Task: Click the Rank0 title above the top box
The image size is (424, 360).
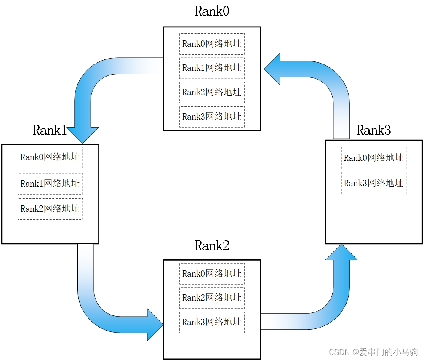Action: (212, 11)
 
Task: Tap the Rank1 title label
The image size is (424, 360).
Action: (50, 130)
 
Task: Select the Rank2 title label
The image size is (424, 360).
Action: (212, 245)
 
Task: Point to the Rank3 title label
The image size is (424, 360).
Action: (374, 130)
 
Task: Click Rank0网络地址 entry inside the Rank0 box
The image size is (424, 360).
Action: (212, 44)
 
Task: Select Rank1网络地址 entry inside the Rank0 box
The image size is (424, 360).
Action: (212, 68)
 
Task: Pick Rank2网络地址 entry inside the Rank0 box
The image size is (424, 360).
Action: (212, 92)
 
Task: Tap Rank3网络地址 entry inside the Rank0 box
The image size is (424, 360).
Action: (212, 117)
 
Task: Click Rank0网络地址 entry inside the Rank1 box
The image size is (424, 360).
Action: (50, 157)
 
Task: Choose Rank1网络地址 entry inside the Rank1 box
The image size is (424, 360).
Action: (50, 184)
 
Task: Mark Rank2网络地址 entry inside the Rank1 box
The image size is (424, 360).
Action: (50, 209)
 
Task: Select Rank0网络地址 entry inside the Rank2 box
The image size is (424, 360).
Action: (212, 274)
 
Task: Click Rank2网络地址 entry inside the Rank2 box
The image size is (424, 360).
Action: (212, 298)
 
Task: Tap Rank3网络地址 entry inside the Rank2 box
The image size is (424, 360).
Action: (212, 322)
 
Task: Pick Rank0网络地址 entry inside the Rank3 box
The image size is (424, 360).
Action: (373, 158)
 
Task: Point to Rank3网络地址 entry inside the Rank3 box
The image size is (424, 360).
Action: (373, 183)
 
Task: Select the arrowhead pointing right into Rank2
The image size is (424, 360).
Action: (155, 324)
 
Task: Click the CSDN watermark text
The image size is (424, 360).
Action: (373, 352)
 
